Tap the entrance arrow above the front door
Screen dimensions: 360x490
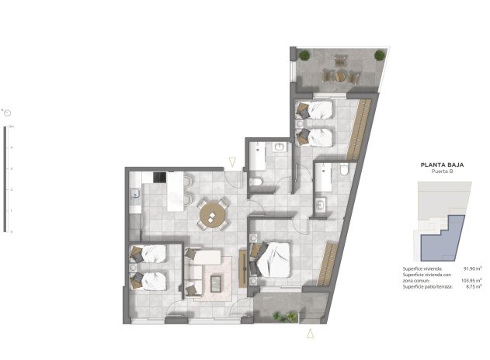(231, 162)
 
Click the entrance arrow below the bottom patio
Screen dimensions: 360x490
(311, 334)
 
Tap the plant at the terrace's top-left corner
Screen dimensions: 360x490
(304, 55)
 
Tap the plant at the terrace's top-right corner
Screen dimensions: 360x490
(379, 55)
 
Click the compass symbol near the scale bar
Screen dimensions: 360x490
(7, 112)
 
